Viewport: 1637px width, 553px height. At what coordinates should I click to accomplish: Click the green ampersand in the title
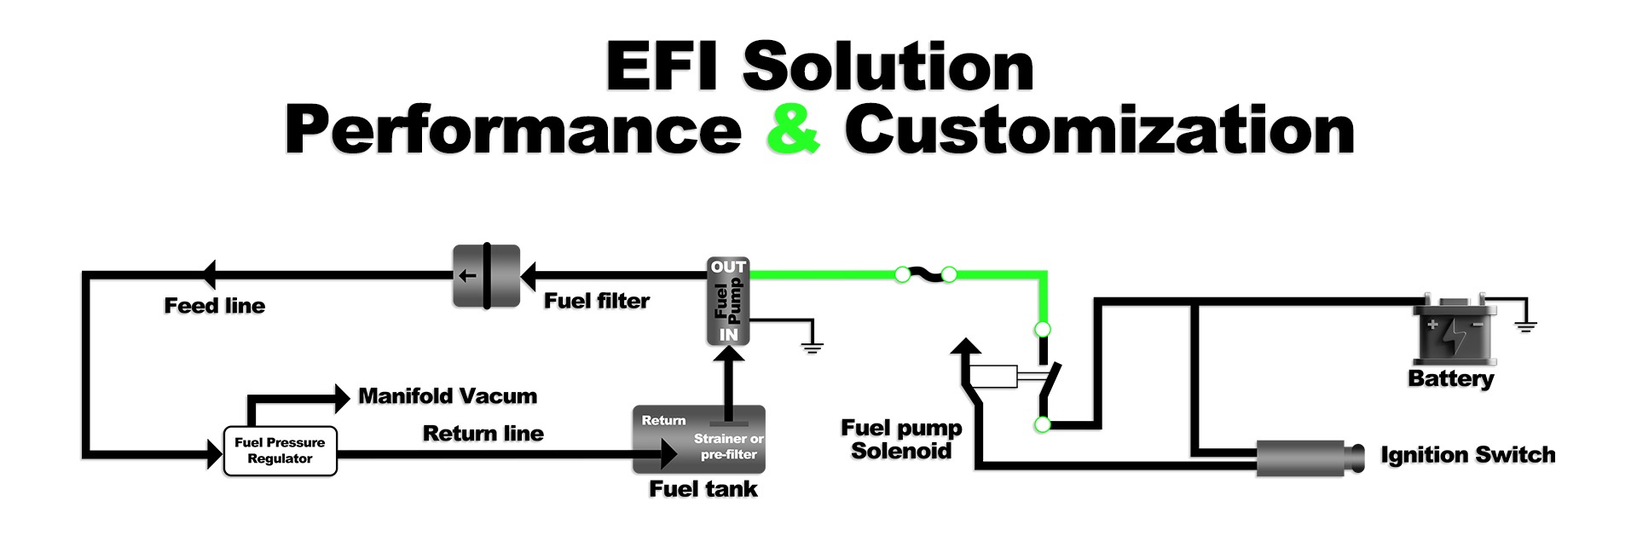coord(793,130)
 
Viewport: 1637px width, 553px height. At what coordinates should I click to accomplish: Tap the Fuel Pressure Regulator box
coord(280,451)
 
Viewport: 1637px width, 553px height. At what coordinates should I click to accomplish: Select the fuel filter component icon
coord(486,276)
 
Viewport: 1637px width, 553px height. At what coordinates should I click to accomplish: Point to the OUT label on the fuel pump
coord(728,267)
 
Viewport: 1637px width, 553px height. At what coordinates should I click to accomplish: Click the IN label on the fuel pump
coord(728,335)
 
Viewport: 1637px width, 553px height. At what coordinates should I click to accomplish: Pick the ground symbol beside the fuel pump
coord(813,345)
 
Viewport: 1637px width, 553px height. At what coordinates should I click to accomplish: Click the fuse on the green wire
coord(925,274)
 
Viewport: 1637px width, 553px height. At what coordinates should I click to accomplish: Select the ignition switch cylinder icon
coord(1309,458)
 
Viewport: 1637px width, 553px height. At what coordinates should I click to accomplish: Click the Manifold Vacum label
coord(448,396)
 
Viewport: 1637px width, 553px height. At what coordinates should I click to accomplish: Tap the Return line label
coord(483,434)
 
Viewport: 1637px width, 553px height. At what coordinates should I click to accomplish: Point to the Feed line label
coord(215,306)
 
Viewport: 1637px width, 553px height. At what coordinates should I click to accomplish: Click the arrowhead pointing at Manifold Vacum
coord(342,397)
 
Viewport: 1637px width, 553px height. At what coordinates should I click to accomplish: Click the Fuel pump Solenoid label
coord(901,440)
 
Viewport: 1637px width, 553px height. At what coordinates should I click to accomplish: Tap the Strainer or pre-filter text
coord(729,446)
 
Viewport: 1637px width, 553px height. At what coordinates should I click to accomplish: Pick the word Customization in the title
coord(1099,130)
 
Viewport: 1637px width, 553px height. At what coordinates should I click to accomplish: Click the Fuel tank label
coord(703,489)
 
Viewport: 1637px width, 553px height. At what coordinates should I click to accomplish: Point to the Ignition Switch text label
coord(1467,455)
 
